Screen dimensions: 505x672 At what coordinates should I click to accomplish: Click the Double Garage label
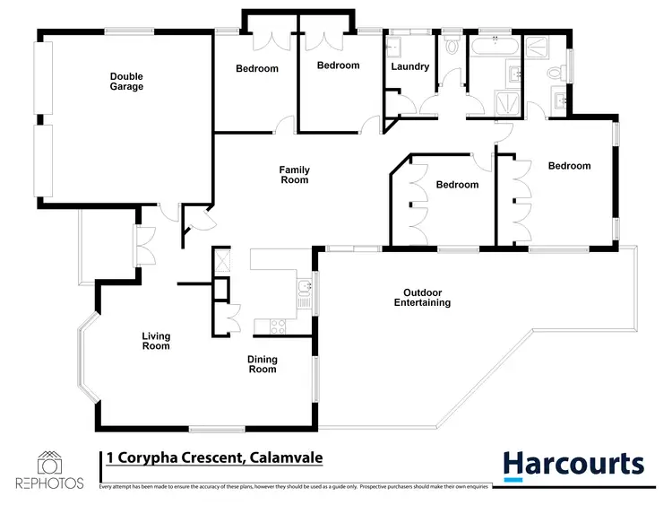(126, 82)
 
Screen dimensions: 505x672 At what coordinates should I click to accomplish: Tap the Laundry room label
(410, 66)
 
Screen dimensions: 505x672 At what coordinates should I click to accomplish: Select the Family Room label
(294, 174)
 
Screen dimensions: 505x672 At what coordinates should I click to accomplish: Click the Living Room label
(156, 342)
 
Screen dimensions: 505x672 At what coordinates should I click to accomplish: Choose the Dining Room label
(263, 364)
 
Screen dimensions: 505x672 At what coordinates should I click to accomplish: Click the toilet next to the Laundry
(451, 46)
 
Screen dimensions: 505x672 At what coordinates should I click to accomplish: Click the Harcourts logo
(573, 464)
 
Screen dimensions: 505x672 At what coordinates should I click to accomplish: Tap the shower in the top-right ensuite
(539, 46)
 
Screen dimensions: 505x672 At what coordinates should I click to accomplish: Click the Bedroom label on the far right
(569, 166)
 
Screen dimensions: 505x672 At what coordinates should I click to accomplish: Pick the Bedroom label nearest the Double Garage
(257, 68)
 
